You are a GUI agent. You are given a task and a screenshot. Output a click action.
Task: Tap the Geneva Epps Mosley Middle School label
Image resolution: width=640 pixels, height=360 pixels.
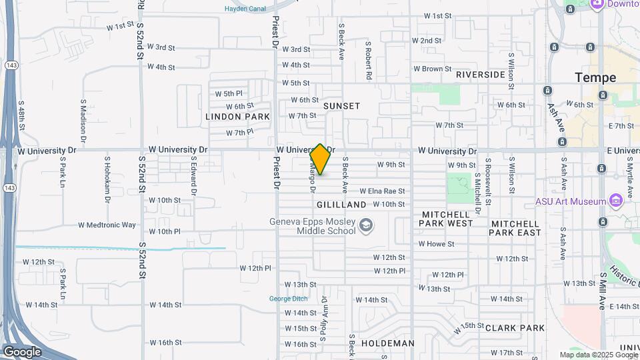(312, 227)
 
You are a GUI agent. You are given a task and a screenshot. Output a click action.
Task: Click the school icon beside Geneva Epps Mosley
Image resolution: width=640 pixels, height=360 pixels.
(365, 227)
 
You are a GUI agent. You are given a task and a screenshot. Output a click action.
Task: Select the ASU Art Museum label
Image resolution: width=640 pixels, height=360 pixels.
(570, 201)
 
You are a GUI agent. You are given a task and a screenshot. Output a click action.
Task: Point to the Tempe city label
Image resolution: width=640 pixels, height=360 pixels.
(595, 78)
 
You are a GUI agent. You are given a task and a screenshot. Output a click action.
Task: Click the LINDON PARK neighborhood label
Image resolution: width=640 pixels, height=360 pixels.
(237, 117)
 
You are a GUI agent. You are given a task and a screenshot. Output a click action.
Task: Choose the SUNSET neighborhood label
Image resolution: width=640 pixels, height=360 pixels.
(341, 106)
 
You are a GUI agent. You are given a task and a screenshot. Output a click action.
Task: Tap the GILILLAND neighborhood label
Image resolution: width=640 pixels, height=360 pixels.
(341, 205)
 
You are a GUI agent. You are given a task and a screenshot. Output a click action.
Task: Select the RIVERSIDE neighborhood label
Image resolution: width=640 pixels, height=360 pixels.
(481, 75)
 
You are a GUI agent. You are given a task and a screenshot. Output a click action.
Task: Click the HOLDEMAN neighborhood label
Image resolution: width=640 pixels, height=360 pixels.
(387, 343)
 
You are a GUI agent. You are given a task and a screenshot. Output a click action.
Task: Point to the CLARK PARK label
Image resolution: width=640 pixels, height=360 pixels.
(515, 328)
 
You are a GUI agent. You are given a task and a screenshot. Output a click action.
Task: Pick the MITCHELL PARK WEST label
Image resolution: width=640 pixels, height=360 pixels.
(447, 219)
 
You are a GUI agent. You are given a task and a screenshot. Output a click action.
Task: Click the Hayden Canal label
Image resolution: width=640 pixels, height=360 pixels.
(245, 9)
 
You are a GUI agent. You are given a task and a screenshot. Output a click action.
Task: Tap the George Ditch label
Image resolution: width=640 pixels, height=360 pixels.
(288, 298)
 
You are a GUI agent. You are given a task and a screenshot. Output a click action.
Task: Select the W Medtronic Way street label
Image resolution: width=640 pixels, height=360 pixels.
(107, 225)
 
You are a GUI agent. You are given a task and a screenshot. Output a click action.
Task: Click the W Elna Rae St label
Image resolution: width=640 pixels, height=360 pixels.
(382, 191)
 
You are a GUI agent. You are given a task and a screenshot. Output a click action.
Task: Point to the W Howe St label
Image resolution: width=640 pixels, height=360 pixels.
(436, 244)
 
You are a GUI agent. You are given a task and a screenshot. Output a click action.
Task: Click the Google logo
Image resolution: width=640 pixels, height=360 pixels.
(22, 351)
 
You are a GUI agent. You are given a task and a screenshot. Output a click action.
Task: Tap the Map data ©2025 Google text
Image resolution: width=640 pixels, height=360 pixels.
(598, 355)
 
